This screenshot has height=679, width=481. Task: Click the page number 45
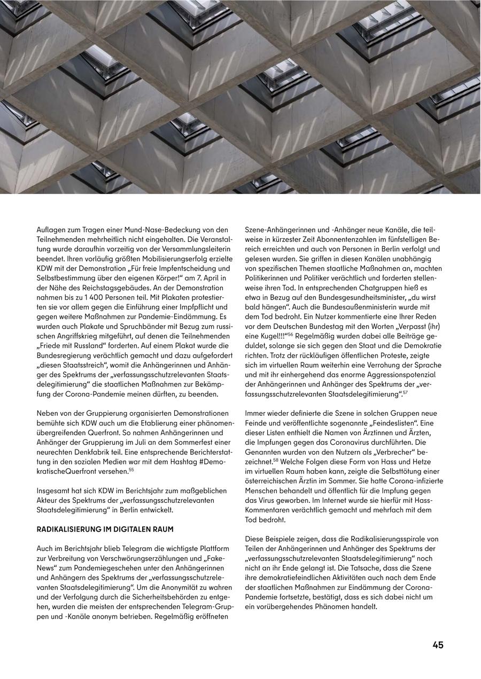(x=438, y=645)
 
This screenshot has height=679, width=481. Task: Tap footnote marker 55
(x=131, y=469)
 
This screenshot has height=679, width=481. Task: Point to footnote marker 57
(x=405, y=392)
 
